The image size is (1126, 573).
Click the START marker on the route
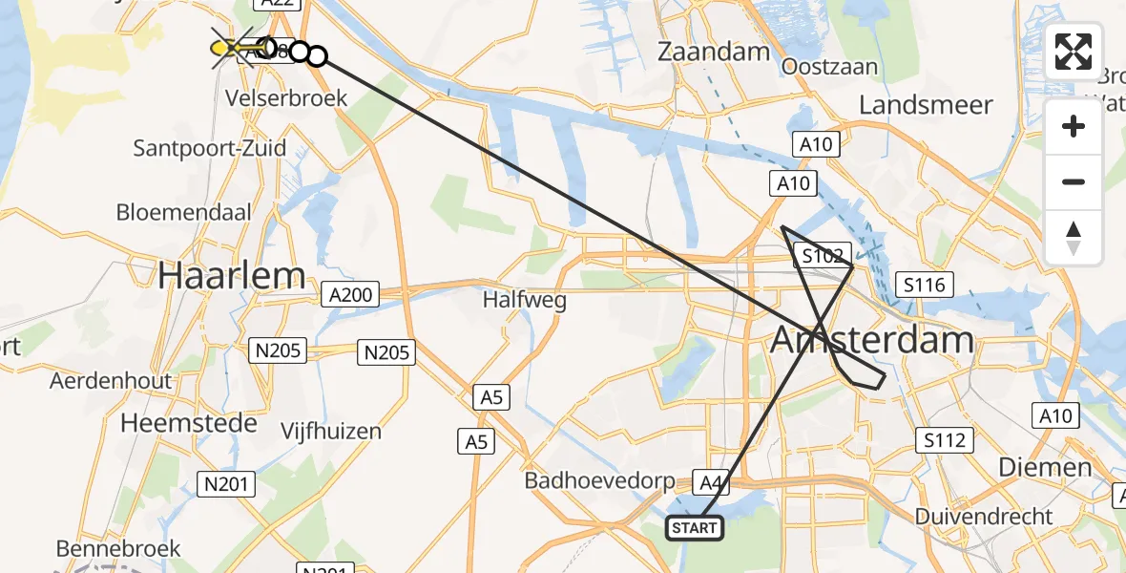coord(696,527)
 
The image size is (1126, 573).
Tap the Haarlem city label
coord(232,276)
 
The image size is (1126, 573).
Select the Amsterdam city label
coord(872,339)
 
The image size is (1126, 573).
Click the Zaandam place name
coord(714,52)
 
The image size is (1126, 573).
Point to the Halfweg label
coord(525,301)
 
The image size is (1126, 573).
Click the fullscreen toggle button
coord(1074,52)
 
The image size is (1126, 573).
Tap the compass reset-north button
coord(1074,238)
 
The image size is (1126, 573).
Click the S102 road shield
coord(822,256)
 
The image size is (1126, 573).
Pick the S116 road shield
coord(925,284)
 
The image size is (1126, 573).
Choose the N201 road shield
coord(227,484)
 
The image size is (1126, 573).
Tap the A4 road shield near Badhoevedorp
coord(710,483)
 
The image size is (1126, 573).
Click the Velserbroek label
coord(286,97)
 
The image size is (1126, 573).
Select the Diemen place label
coord(1044,467)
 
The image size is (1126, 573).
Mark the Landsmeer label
coord(927,104)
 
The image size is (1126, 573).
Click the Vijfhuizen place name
coord(331,431)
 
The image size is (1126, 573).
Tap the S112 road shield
coord(945,440)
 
